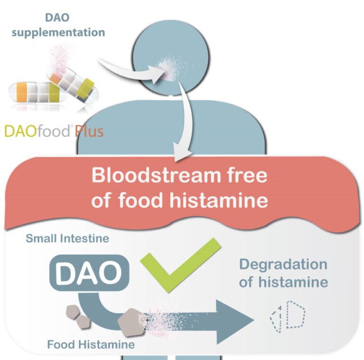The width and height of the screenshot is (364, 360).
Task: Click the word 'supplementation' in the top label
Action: coord(72,33)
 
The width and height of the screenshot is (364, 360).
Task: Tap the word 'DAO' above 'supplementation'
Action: coord(58,18)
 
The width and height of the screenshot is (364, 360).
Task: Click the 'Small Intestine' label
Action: coord(67,239)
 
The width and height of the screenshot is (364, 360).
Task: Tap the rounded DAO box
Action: coord(89,273)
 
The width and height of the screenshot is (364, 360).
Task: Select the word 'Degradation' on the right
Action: coord(283,264)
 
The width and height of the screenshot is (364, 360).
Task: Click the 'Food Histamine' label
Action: coord(91,344)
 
